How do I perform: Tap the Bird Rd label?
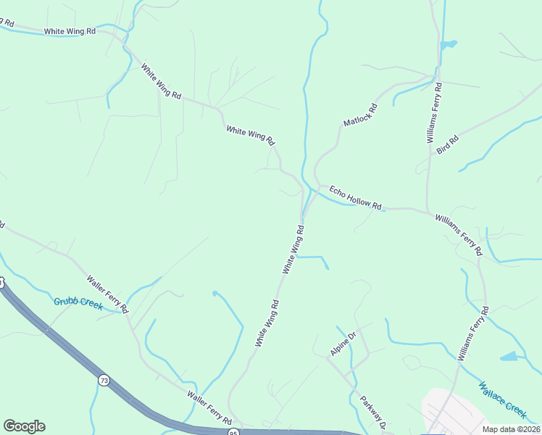click(448, 144)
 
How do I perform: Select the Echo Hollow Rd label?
click(355, 197)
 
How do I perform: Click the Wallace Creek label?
click(502, 399)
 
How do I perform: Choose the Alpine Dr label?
click(343, 344)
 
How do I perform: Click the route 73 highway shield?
click(104, 381)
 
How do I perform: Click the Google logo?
click(24, 426)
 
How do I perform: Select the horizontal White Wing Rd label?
click(70, 31)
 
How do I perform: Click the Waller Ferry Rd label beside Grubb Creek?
click(107, 294)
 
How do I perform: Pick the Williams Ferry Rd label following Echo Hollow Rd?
click(459, 233)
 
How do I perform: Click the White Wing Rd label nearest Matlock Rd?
click(251, 134)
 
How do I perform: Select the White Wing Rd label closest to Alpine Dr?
click(267, 322)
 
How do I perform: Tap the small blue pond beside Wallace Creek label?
click(509, 357)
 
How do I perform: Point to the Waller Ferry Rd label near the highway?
click(209, 408)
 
